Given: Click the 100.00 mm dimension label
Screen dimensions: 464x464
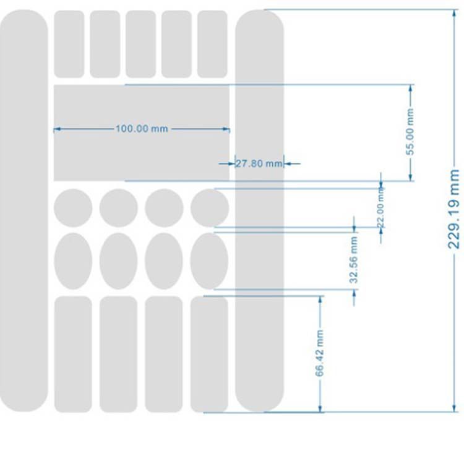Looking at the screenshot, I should click(142, 129).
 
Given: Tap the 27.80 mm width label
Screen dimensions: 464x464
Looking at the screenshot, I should click(259, 164).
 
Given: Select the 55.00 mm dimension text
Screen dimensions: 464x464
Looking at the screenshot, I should click(410, 132).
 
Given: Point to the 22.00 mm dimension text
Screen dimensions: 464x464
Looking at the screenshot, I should click(381, 211).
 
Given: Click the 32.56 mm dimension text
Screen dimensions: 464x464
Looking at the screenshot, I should click(354, 259).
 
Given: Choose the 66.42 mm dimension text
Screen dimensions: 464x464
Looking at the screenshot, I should click(320, 353).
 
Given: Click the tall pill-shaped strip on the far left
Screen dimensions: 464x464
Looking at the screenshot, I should click(23, 210).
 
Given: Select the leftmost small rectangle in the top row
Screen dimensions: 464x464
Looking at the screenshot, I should click(69, 44).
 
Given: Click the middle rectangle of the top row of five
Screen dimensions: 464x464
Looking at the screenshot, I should click(141, 44).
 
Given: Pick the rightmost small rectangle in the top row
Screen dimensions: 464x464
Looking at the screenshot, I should click(212, 44).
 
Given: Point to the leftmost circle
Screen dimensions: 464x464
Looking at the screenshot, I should click(73, 207).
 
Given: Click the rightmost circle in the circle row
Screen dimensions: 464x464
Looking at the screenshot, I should click(209, 207).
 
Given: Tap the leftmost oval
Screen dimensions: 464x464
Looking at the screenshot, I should click(73, 261).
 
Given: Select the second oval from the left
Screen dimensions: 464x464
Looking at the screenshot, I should click(118, 261).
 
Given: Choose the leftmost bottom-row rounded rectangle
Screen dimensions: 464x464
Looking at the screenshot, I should click(73, 354).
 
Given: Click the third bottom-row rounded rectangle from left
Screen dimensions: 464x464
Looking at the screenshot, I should click(164, 354).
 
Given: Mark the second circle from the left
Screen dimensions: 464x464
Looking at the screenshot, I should click(118, 207).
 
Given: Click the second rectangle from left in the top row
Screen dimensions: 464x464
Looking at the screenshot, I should click(105, 44).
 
